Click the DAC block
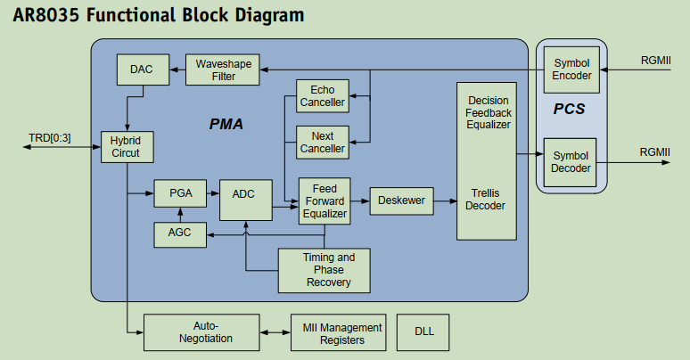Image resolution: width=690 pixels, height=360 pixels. (x=141, y=70)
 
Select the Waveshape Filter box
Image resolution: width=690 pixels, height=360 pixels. (x=223, y=70)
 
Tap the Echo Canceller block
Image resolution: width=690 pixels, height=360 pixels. (x=323, y=96)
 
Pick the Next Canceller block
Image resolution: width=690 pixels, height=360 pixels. (x=323, y=142)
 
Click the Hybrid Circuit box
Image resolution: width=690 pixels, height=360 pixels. (x=127, y=147)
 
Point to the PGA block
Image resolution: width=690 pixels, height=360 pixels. (x=180, y=192)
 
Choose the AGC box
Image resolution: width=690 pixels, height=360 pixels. (x=180, y=234)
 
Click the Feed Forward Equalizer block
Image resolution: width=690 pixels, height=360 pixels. (x=324, y=201)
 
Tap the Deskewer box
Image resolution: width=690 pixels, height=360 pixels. (x=401, y=200)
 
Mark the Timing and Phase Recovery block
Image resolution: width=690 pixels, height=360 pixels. (x=324, y=270)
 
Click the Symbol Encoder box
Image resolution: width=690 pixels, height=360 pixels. (x=571, y=70)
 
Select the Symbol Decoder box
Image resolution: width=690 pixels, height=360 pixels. (x=571, y=161)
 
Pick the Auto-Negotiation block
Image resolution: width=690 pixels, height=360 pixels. (x=201, y=332)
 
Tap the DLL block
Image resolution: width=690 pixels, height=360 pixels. (x=424, y=332)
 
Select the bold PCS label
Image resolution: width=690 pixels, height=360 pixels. (x=570, y=110)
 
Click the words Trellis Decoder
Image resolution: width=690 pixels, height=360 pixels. (x=487, y=200)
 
